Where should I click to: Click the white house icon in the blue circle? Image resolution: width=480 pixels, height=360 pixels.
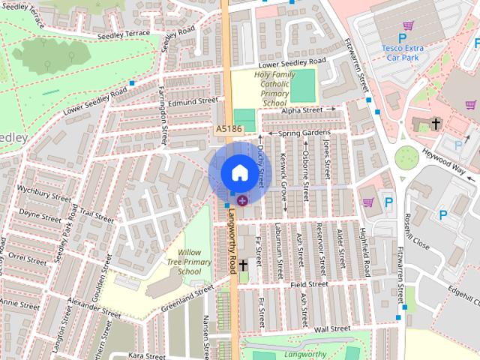tap(238, 172)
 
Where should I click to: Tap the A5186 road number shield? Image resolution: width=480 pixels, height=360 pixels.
tap(228, 130)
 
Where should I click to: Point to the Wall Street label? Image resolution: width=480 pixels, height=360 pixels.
tap(332, 328)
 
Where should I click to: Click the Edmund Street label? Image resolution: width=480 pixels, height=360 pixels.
tap(192, 100)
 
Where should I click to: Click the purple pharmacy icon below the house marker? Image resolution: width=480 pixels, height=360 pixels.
tap(241, 200)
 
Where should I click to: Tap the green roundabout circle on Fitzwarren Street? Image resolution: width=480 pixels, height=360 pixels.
tap(406, 157)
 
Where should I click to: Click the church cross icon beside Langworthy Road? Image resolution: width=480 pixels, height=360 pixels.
tap(244, 266)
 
